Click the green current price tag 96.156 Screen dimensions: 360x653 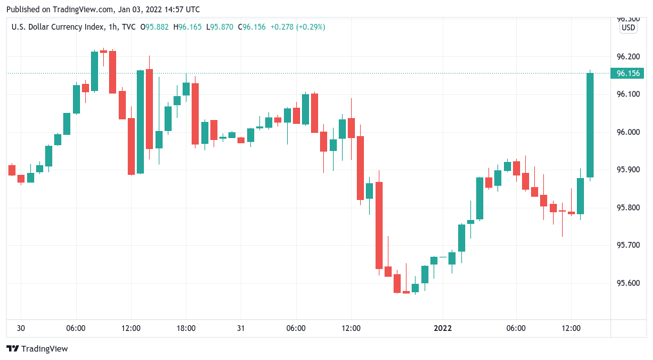point(628,74)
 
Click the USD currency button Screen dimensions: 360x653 point(628,28)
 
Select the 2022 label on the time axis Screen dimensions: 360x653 point(443,328)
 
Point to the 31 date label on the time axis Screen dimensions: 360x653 point(241,328)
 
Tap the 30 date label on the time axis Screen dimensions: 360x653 point(21,328)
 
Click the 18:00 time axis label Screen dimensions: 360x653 point(186,328)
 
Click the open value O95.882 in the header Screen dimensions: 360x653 point(159,27)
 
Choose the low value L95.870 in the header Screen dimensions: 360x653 point(222,27)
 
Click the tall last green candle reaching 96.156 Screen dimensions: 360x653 point(590,125)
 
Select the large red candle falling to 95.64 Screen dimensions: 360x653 point(379,225)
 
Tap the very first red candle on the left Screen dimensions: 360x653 point(12,170)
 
